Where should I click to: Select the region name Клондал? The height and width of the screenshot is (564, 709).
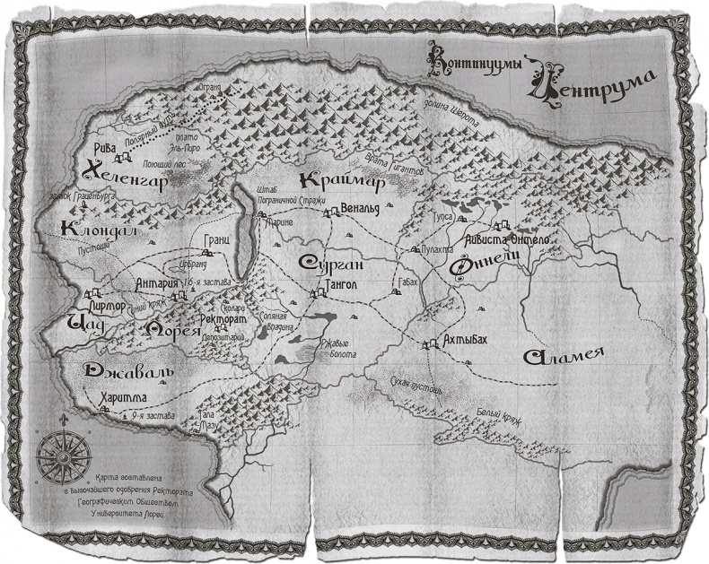pos(98,230)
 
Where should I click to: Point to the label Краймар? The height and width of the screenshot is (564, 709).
pos(343,181)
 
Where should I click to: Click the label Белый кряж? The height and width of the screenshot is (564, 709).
pos(498,416)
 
